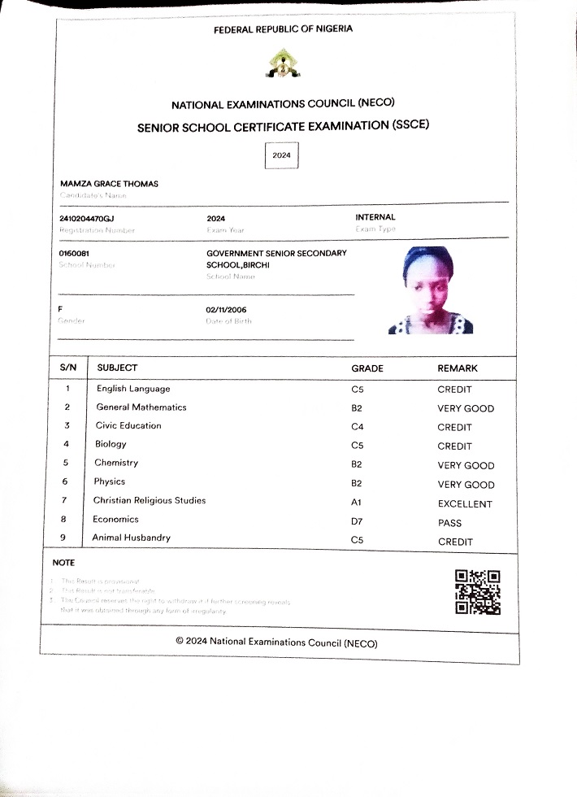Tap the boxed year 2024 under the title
coord(281,155)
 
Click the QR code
coord(477,591)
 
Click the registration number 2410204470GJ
coord(86,219)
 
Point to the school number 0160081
coord(74,254)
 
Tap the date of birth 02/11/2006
coord(226,310)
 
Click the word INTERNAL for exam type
coord(375,217)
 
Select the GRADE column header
coord(367,368)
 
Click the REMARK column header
coord(458,368)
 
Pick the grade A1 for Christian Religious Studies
coord(357,503)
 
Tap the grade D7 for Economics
coord(357,522)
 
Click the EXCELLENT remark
coord(465,504)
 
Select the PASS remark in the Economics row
coord(449,523)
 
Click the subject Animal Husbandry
coord(131,538)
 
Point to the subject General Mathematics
coord(141,407)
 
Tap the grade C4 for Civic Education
coord(358,427)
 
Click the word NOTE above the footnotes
coord(63,563)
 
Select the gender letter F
coord(60,310)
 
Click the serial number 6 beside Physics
coord(65,482)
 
